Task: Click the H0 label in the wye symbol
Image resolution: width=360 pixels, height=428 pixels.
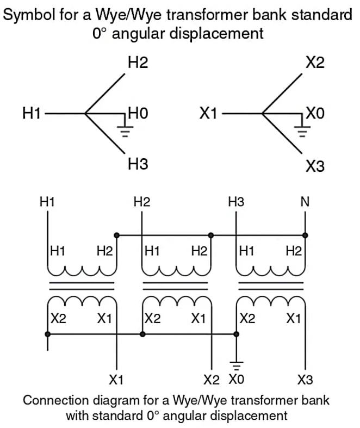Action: coord(138,114)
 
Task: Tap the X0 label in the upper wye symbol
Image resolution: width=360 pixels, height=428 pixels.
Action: coord(315,114)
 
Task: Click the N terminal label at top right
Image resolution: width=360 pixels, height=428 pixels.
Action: coord(305,202)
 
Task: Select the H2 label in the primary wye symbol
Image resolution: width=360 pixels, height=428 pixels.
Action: coord(138,63)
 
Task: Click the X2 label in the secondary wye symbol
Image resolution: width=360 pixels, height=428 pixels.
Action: coord(315,63)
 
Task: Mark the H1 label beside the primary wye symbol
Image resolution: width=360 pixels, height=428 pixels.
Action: coord(32,114)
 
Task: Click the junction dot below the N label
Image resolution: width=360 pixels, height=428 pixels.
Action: coord(305,235)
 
